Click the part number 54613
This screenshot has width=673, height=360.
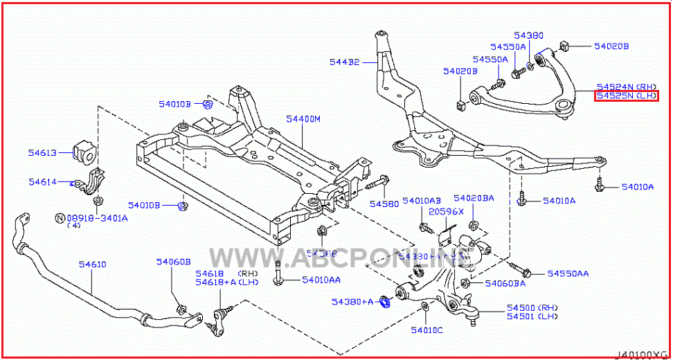pyautogui.click(x=42, y=152)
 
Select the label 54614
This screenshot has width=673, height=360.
pyautogui.click(x=42, y=181)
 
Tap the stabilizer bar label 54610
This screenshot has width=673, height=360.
pyautogui.click(x=92, y=264)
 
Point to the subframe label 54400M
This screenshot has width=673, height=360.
pyautogui.click(x=303, y=119)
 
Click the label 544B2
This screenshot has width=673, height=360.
pyautogui.click(x=344, y=62)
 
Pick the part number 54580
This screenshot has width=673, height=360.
pyautogui.click(x=384, y=204)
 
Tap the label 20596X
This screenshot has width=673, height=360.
pyautogui.click(x=445, y=210)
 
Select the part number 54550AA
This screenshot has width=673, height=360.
pyautogui.click(x=568, y=274)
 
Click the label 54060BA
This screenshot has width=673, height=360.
pyautogui.click(x=505, y=283)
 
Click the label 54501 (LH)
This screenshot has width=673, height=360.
pyautogui.click(x=532, y=316)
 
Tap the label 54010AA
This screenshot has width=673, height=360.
pyautogui.click(x=321, y=280)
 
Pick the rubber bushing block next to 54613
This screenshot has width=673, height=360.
pyautogui.click(x=82, y=152)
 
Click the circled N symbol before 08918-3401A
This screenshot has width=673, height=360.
pyautogui.click(x=60, y=217)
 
